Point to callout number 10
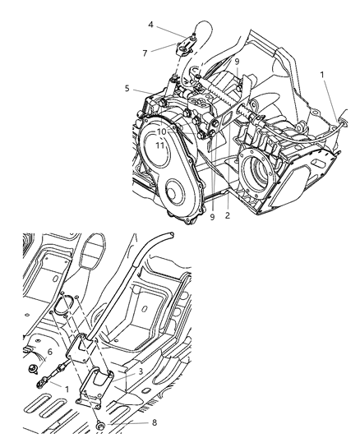tap(162, 131)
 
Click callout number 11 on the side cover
tap(162, 145)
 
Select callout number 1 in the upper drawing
tap(321, 75)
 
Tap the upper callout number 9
tap(237, 61)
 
